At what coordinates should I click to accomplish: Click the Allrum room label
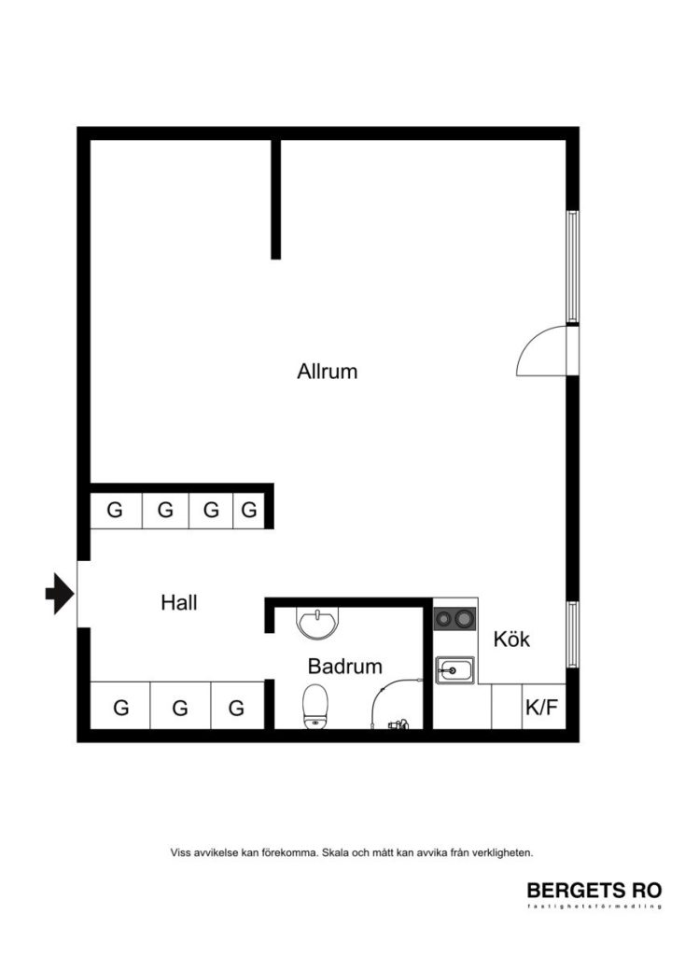coord(328,372)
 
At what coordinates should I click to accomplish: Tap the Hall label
coord(179,603)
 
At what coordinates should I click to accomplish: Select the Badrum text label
coord(345,667)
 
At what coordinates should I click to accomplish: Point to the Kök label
coord(511,640)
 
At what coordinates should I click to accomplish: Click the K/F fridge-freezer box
coord(542,707)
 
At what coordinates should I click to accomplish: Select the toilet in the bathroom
coord(315,705)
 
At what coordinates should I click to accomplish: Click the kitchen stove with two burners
coord(454,618)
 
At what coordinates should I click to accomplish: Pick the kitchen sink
coord(454,669)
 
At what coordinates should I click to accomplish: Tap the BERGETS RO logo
coord(594,891)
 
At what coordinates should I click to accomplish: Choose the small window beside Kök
coord(573,634)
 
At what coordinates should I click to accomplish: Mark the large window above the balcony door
coord(573,266)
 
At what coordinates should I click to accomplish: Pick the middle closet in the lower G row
coord(179,708)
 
